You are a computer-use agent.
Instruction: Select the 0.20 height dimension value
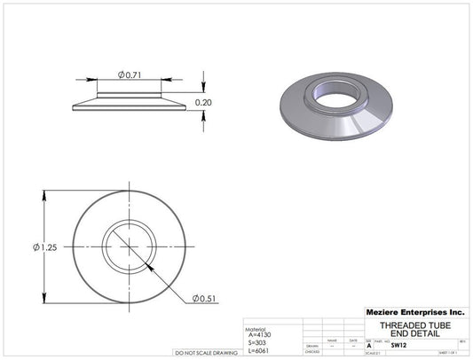click(204, 103)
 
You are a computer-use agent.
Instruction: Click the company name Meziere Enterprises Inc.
click(414, 313)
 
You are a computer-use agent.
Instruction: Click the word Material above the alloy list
click(256, 327)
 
